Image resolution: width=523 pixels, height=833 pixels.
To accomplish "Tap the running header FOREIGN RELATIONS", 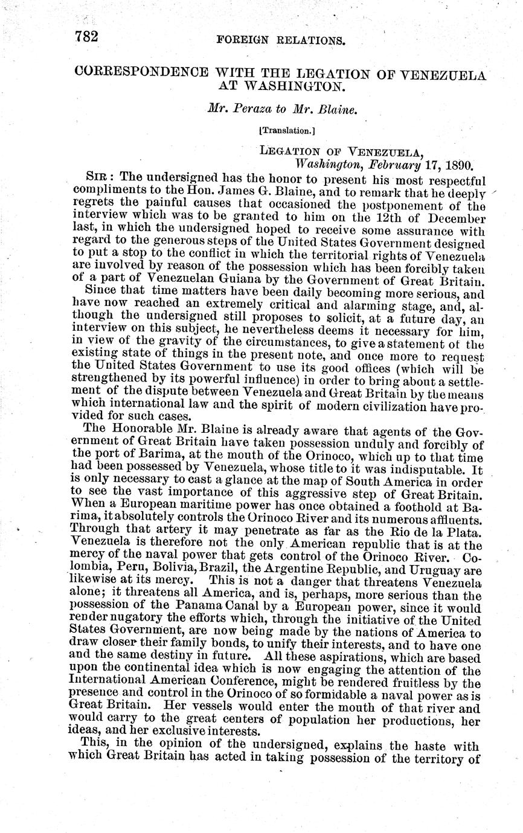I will point(284,41).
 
